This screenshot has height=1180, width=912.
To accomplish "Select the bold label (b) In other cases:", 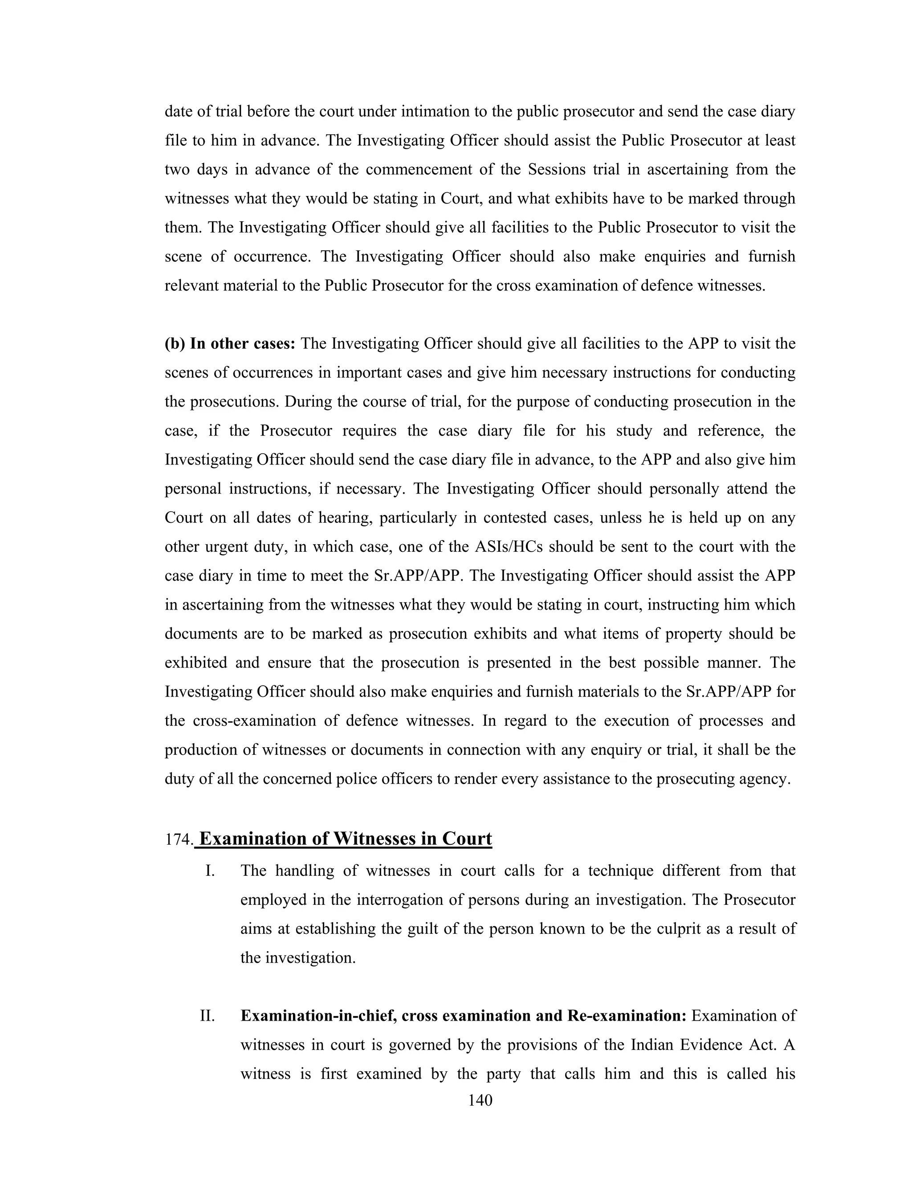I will click(x=230, y=344).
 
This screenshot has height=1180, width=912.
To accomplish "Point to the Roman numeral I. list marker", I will click(x=211, y=871).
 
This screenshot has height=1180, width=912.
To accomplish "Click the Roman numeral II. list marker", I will click(x=208, y=1016).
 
